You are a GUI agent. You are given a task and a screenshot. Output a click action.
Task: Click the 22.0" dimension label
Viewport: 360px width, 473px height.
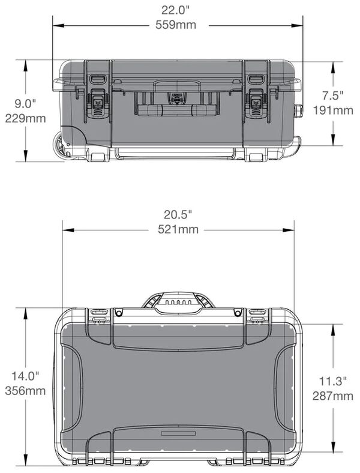pyautogui.click(x=178, y=10)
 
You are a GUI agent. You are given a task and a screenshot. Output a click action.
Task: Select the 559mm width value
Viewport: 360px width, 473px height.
pyautogui.click(x=178, y=25)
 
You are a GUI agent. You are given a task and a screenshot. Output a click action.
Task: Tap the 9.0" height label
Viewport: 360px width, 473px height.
pyautogui.click(x=26, y=103)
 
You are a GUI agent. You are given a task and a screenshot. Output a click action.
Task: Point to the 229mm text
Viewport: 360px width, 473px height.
pyautogui.click(x=26, y=118)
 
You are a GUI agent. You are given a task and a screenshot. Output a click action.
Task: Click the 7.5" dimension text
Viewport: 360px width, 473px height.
pyautogui.click(x=332, y=95)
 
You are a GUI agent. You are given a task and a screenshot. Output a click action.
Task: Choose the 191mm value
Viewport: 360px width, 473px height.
pyautogui.click(x=334, y=110)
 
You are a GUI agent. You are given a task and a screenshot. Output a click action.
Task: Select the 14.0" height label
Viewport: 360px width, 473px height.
pyautogui.click(x=26, y=376)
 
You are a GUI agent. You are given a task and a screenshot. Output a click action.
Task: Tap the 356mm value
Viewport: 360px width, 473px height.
pyautogui.click(x=26, y=391)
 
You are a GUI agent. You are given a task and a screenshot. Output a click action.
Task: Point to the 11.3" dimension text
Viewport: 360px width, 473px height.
pyautogui.click(x=332, y=381)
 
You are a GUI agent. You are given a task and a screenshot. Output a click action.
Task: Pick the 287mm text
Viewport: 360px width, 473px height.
pyautogui.click(x=333, y=396)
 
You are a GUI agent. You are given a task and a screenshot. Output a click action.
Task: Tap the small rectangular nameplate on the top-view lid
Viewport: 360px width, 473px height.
pyautogui.click(x=178, y=433)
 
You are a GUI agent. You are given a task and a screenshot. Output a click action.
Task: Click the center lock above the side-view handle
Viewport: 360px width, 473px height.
pyautogui.click(x=176, y=98)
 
